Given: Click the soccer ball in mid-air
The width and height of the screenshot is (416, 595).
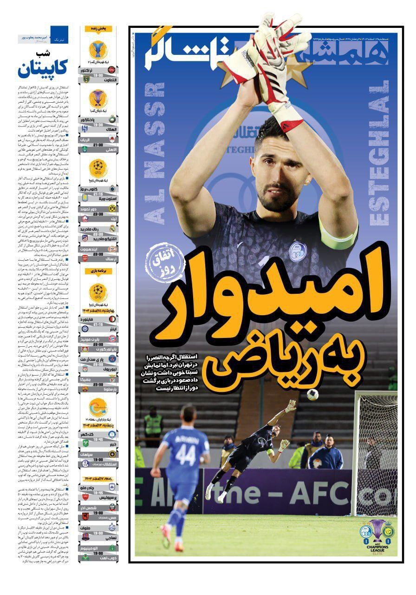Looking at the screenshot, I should [312, 394].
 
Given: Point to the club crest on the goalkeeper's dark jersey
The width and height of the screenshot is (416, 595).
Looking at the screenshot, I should [298, 251].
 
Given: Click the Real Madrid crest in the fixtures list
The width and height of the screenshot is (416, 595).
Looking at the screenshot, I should [111, 229].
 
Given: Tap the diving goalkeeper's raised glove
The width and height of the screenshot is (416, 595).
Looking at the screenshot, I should [290, 406].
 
